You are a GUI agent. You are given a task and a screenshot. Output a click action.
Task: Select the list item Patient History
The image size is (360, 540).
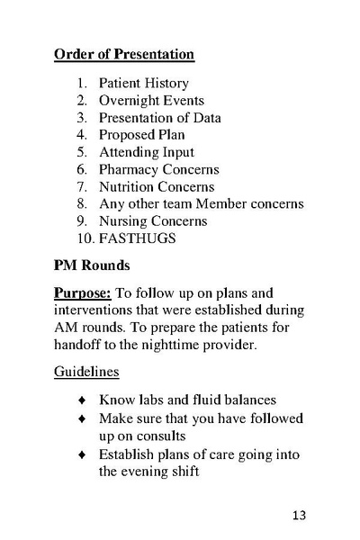(144, 84)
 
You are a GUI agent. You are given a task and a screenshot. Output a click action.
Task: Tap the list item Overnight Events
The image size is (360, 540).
(151, 101)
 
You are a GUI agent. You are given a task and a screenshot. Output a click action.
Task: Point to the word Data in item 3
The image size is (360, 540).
(203, 118)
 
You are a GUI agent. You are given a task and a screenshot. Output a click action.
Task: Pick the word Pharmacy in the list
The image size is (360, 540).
(129, 169)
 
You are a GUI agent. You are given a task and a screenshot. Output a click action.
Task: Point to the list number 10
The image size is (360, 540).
(84, 238)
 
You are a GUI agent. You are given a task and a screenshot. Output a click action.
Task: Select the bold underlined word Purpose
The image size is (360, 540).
(81, 294)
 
